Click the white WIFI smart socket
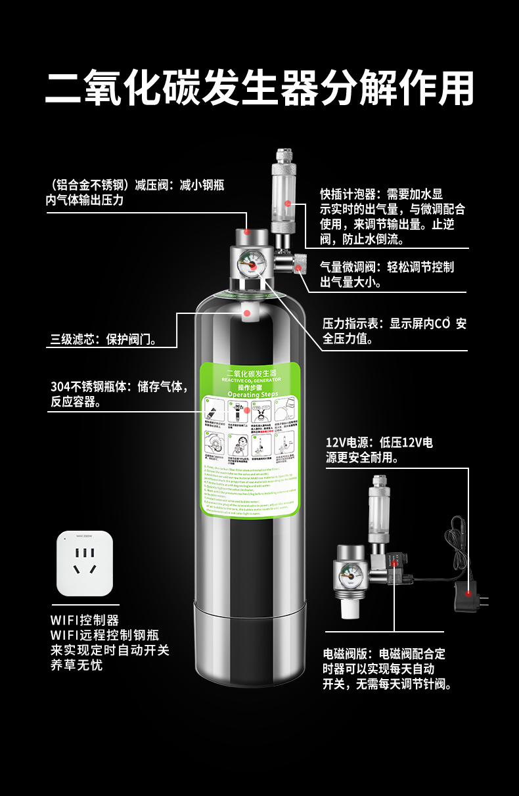(x=85, y=563)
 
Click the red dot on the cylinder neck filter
(x=246, y=313)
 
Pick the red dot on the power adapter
(x=468, y=592)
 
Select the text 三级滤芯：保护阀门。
(x=103, y=340)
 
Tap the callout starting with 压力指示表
(x=394, y=331)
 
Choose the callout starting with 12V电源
(x=380, y=449)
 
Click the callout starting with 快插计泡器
(x=393, y=216)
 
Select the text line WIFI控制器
(x=85, y=619)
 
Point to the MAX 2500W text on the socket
(x=85, y=537)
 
